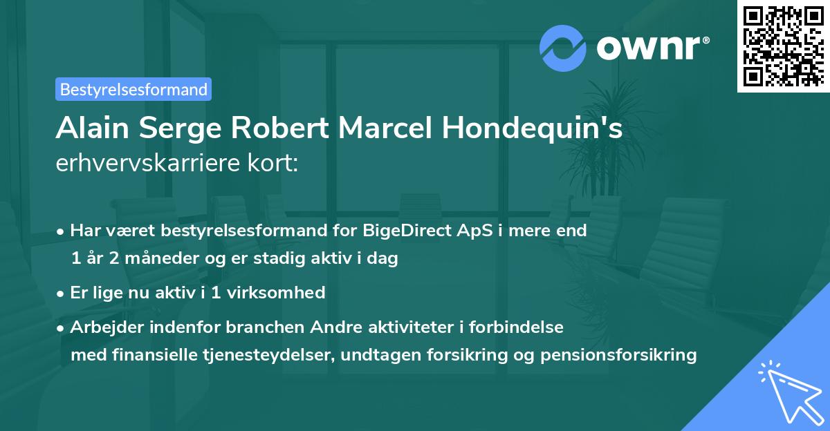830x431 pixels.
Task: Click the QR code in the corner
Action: [783, 46]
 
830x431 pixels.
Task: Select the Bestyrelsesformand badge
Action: [133, 89]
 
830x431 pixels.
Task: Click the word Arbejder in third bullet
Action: [102, 327]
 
